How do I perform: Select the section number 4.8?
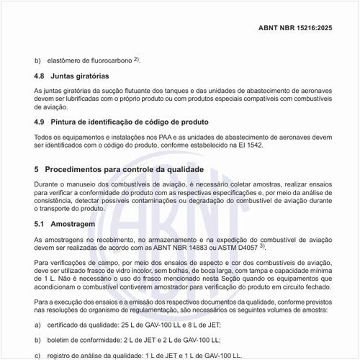[40, 75]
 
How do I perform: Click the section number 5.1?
[40, 225]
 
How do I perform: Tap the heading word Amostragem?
[75, 225]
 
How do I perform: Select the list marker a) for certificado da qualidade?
[38, 325]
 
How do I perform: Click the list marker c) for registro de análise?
[38, 354]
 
